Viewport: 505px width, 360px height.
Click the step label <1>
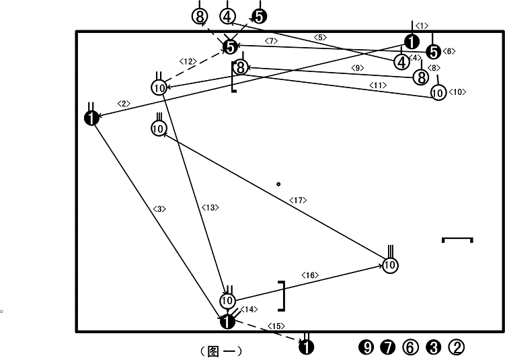(422, 26)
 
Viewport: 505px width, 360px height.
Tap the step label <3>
(159, 209)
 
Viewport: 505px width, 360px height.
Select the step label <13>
(210, 207)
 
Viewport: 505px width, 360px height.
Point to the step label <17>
(298, 200)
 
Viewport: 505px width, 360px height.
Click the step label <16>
(310, 275)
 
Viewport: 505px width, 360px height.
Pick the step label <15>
(276, 326)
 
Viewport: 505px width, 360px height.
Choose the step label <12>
(188, 61)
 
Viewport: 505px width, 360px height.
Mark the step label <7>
(271, 41)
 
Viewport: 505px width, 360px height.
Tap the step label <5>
(320, 38)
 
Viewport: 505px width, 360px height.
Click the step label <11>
(378, 85)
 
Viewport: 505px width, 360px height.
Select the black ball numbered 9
(366, 347)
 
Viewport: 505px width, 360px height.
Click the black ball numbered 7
(388, 347)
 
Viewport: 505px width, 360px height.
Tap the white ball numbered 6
(411, 347)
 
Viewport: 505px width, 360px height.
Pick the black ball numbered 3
(433, 347)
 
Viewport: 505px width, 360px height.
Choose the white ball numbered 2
(457, 347)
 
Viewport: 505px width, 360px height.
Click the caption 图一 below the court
(221, 351)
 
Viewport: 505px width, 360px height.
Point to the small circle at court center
(278, 184)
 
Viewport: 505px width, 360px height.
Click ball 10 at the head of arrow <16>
(390, 265)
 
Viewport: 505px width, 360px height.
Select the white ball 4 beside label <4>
(401, 62)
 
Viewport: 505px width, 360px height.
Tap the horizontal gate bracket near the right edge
(457, 238)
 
